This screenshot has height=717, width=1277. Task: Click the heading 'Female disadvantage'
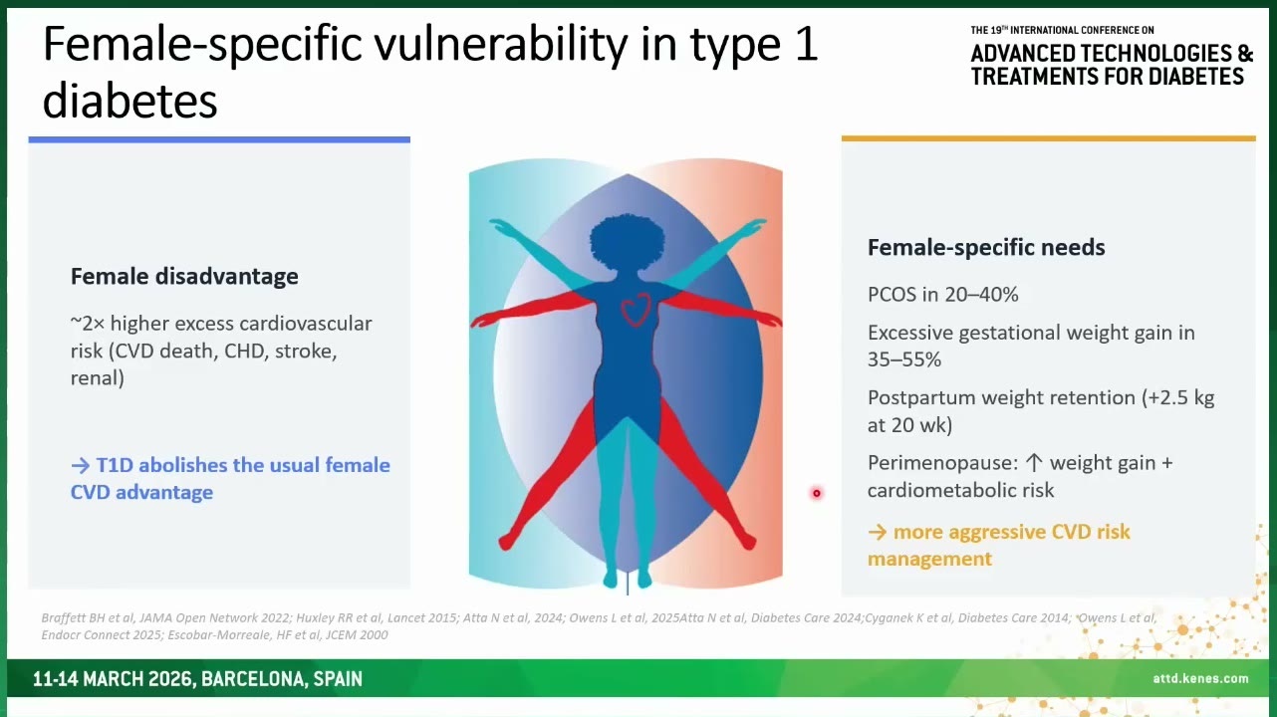click(184, 277)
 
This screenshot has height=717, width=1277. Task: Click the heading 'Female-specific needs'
click(986, 247)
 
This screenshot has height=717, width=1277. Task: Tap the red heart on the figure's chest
click(636, 310)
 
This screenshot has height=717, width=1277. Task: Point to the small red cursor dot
click(817, 493)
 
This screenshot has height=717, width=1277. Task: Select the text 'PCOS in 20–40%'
click(943, 295)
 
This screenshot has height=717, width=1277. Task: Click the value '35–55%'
click(904, 359)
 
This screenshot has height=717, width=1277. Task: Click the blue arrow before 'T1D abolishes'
click(81, 466)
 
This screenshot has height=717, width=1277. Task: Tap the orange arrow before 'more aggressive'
click(878, 533)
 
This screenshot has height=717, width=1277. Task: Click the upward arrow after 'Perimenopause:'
click(1034, 463)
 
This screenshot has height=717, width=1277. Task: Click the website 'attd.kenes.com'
click(1200, 678)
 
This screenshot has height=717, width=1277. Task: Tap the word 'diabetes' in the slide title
click(129, 101)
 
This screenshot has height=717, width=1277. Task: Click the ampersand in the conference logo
click(1245, 54)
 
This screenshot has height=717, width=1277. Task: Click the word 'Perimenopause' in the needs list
click(939, 463)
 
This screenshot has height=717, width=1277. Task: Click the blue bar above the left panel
click(219, 139)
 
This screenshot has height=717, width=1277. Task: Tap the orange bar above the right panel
click(1048, 138)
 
